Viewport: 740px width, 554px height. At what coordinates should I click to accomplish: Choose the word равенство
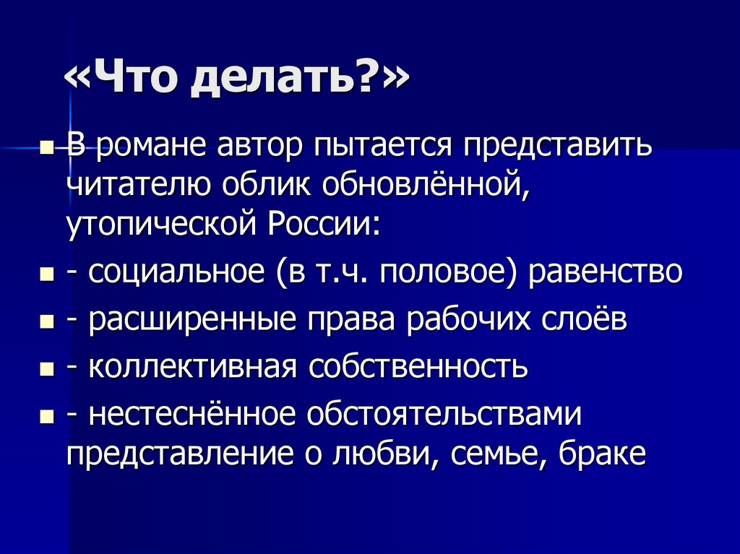pos(606,274)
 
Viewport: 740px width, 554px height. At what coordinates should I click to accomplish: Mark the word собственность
pos(419,368)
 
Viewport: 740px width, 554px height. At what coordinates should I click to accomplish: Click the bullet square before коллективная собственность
pos(47,369)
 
